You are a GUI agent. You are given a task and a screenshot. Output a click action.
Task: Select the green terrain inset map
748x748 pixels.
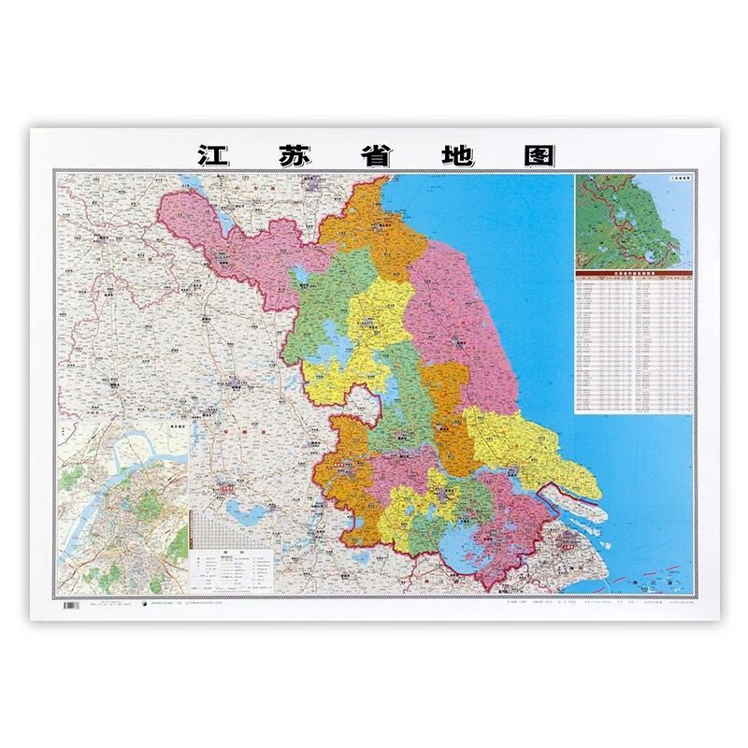pyautogui.click(x=633, y=221)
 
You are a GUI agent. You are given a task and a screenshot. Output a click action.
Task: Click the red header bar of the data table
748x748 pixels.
pyautogui.click(x=633, y=272)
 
